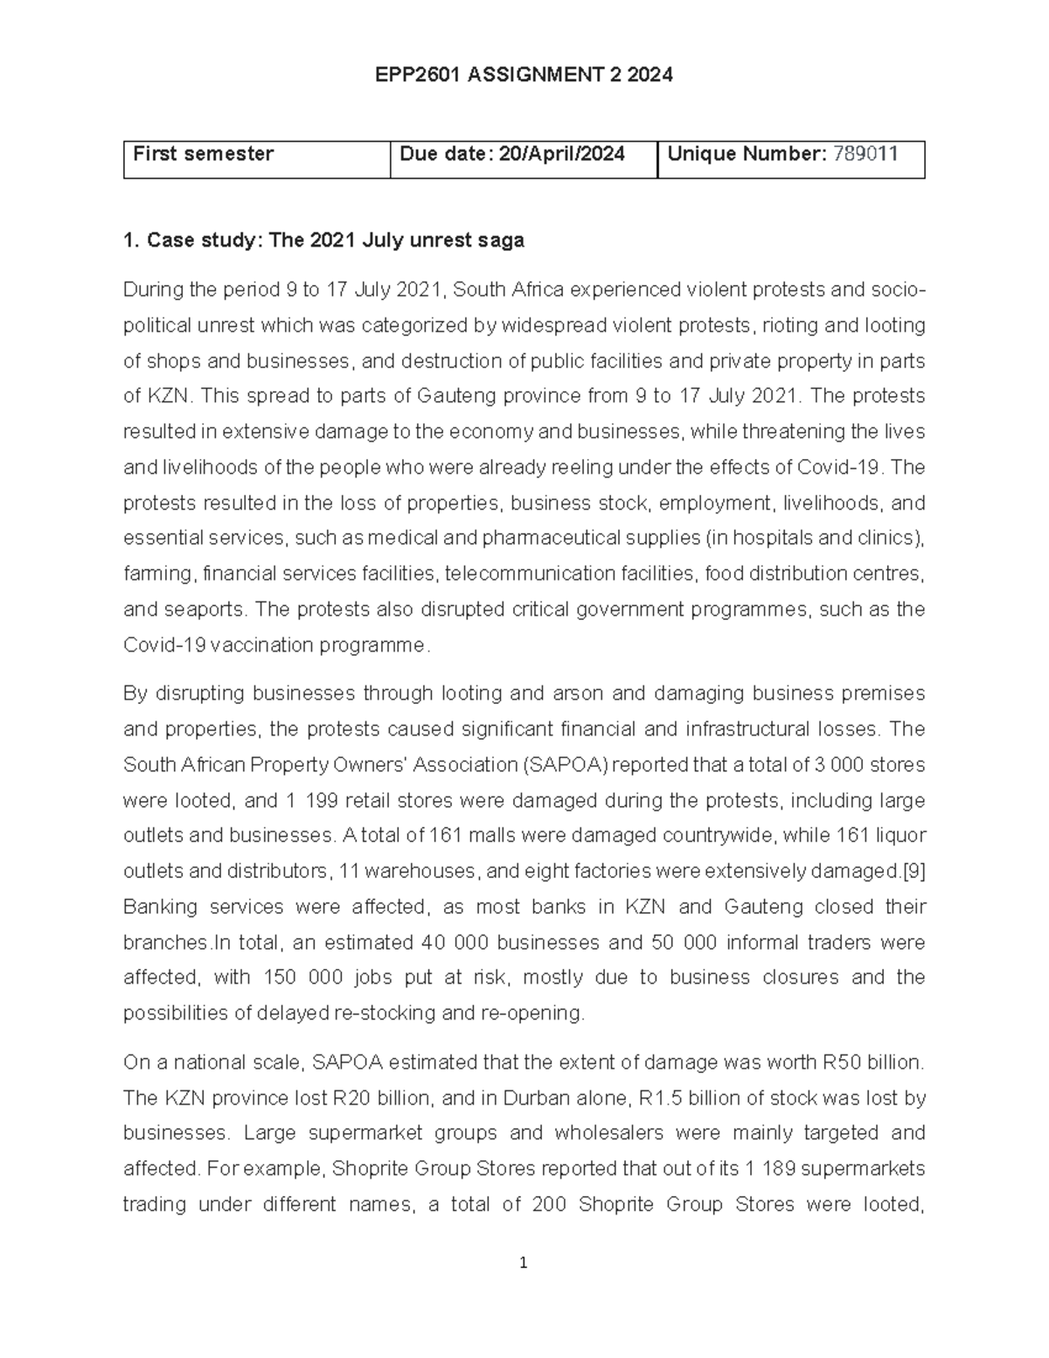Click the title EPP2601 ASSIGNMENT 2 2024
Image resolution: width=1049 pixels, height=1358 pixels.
524,75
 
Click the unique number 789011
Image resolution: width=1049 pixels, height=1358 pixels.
865,155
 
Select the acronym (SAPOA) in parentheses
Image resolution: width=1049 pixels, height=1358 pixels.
565,765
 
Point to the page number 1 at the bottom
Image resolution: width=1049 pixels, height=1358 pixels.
524,1263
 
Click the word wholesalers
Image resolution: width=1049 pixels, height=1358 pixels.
615,1133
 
